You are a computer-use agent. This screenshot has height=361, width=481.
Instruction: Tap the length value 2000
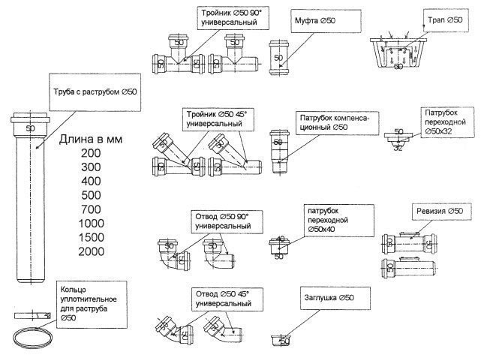pos(92,251)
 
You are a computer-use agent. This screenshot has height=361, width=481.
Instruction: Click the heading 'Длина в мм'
pos(92,140)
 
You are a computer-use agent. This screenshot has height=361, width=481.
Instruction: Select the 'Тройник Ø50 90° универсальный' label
pos(233,18)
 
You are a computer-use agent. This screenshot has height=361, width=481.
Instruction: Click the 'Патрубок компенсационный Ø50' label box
pos(332,123)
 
